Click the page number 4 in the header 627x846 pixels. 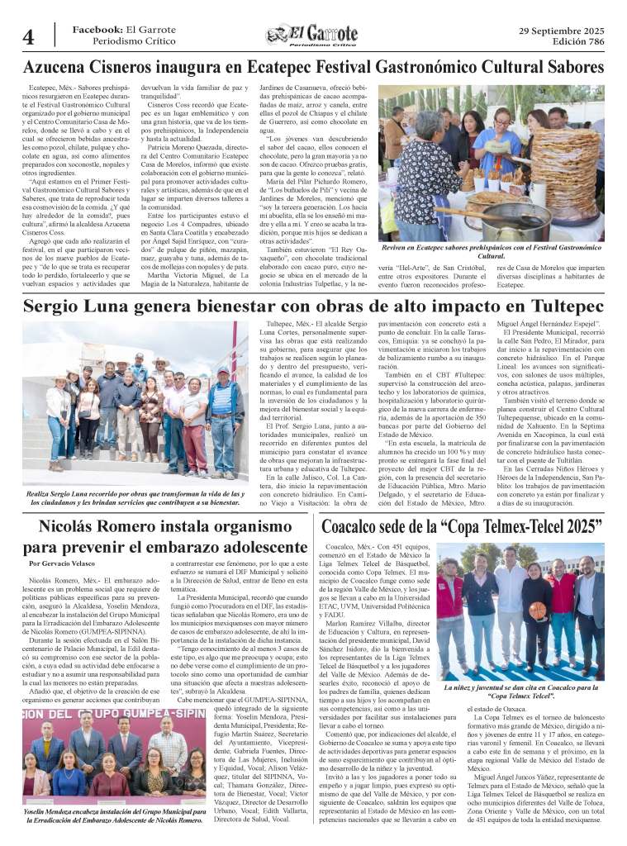coord(28,37)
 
